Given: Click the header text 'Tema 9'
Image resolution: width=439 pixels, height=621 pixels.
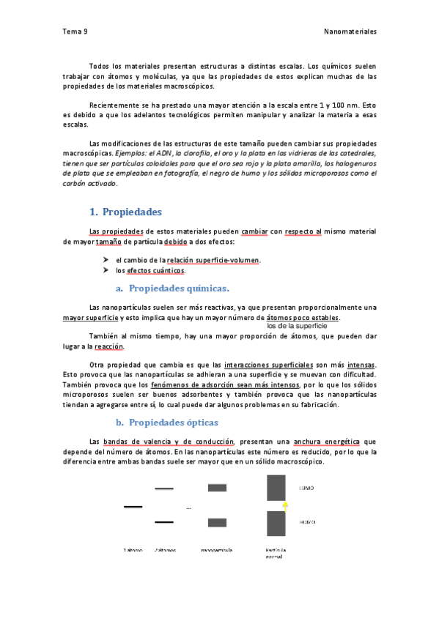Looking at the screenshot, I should pyautogui.click(x=75, y=31).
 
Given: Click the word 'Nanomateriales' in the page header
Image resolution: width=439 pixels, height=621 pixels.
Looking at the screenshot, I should pyautogui.click(x=350, y=31).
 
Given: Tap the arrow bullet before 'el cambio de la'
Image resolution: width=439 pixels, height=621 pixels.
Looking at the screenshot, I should pyautogui.click(x=107, y=260).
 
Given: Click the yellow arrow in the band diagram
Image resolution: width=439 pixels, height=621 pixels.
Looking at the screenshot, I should pyautogui.click(x=287, y=504).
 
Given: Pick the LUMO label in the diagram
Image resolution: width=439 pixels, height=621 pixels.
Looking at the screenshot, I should pyautogui.click(x=308, y=487).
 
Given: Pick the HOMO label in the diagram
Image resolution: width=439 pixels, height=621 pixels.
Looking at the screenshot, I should pyautogui.click(x=308, y=522).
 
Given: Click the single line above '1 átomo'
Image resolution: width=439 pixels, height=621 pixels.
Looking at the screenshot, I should pyautogui.click(x=133, y=506).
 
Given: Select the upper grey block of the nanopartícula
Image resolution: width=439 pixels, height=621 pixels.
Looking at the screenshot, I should pyautogui.click(x=217, y=488).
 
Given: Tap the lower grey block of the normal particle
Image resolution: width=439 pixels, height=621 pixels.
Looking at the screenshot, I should pyautogui.click(x=276, y=523).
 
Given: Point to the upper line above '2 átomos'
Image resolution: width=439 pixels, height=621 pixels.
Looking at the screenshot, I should pyautogui.click(x=164, y=488).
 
